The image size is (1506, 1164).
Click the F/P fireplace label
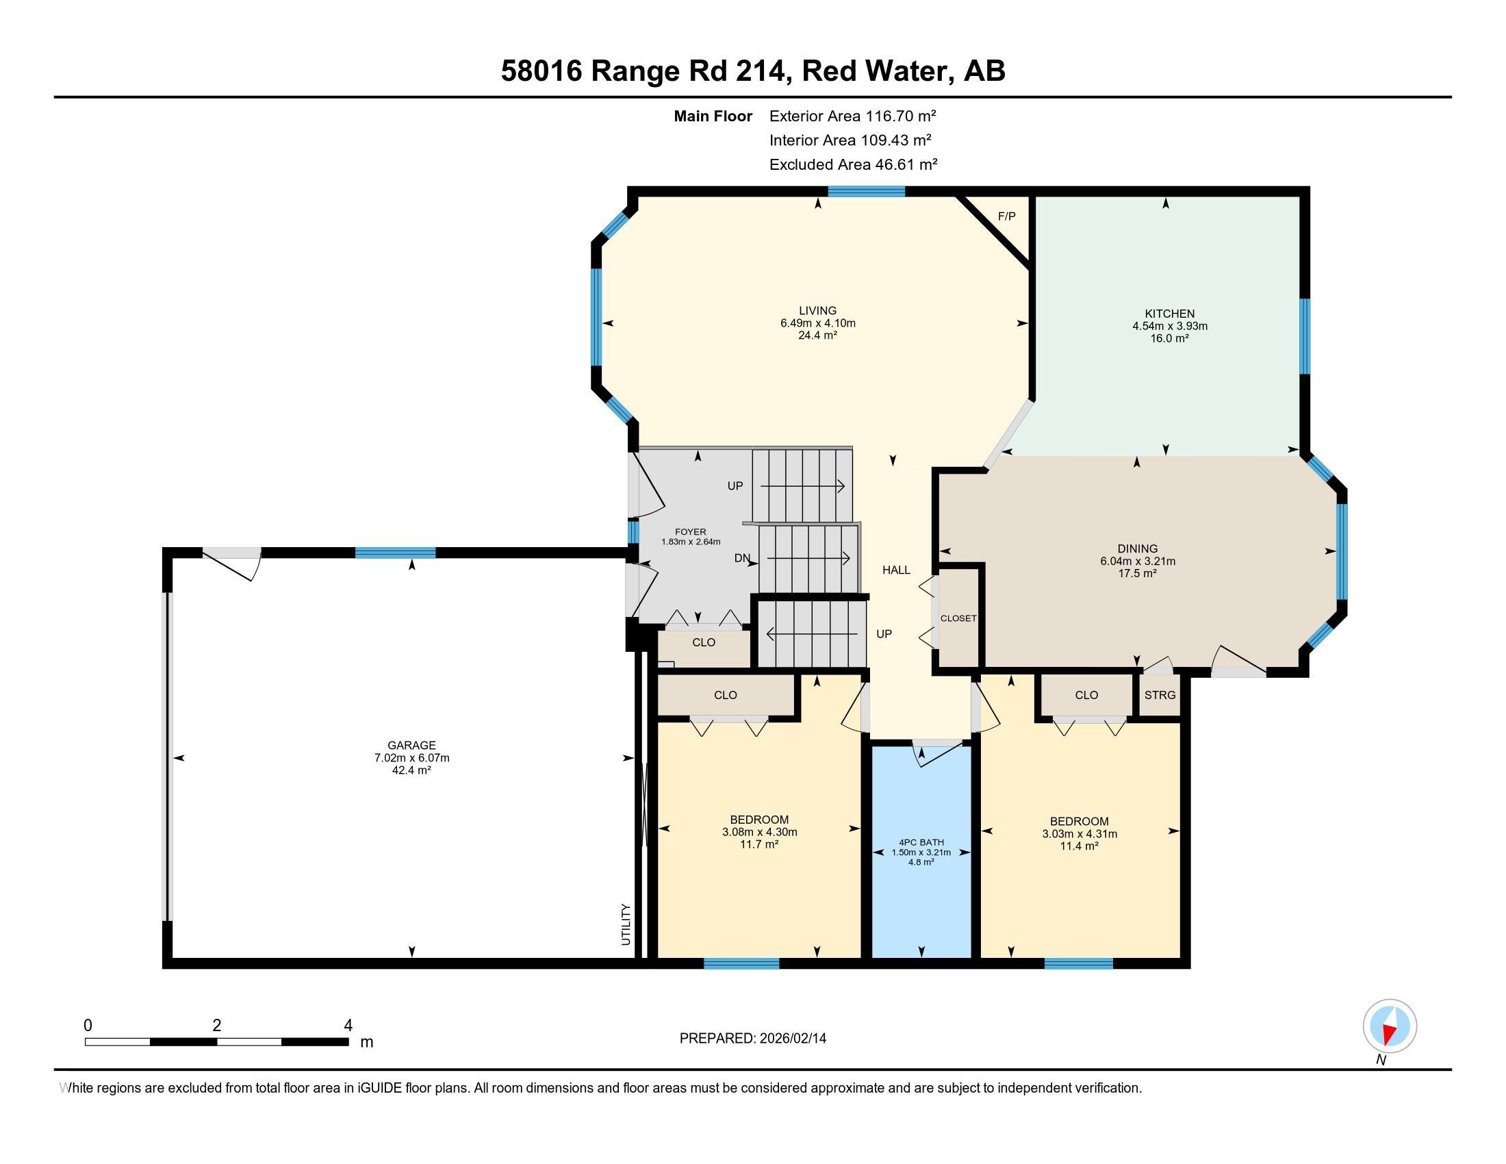[x=1006, y=216]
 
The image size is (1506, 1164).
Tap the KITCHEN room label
[x=1169, y=314]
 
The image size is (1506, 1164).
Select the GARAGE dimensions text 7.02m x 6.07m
[x=411, y=758]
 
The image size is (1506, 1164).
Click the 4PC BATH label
[x=921, y=842]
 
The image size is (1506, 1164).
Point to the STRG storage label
[x=1160, y=695]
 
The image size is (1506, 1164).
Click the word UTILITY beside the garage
[x=626, y=924]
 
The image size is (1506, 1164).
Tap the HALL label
[x=897, y=570]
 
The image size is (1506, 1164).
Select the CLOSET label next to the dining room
[x=958, y=618]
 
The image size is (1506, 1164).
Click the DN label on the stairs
[x=742, y=559]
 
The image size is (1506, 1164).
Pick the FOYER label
[x=690, y=531]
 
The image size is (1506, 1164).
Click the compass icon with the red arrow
[x=1390, y=1026]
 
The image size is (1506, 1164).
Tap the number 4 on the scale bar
[x=348, y=1026]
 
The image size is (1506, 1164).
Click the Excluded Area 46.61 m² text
[x=853, y=164]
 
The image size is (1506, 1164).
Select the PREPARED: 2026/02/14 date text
[x=752, y=1039]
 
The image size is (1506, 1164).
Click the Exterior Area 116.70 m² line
[x=852, y=116]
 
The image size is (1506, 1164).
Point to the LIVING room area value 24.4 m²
[x=818, y=336]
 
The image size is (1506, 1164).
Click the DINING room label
[x=1137, y=549]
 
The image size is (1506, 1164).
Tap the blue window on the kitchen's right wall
[x=1304, y=336]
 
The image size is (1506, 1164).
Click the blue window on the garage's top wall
[x=395, y=553]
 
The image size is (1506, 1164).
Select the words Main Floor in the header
[x=713, y=116]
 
